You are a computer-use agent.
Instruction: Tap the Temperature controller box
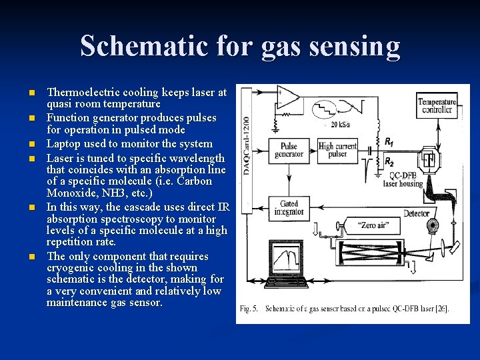click(437, 106)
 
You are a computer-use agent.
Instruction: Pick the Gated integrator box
click(288, 207)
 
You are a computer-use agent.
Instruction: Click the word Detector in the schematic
click(417, 213)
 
